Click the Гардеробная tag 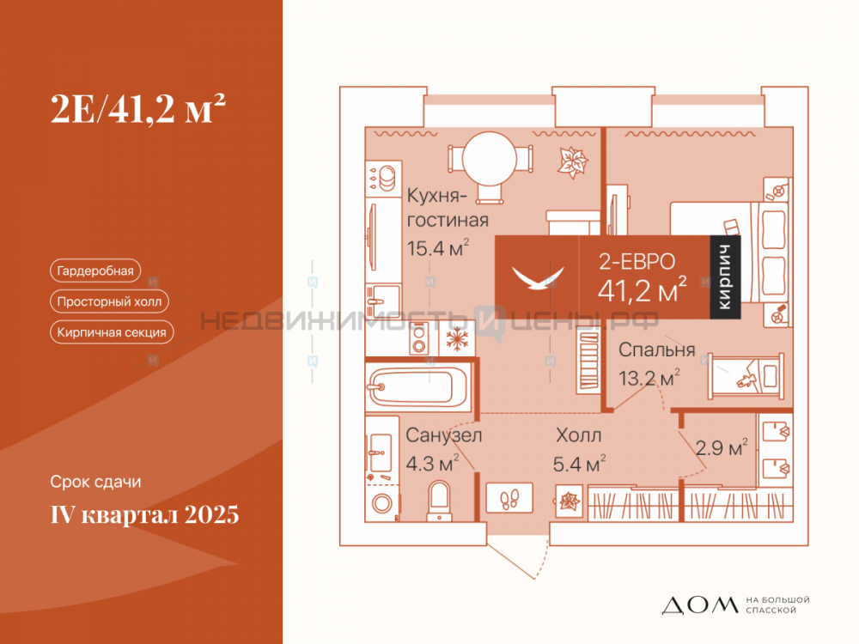95,270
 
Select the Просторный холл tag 109,301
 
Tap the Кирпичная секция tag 112,331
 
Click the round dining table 490,159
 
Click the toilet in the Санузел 439,501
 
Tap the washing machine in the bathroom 382,502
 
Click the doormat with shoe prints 509,497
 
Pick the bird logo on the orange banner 538,277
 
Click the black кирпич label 725,277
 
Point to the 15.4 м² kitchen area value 438,248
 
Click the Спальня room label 657,350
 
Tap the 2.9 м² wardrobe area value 722,447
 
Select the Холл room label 578,435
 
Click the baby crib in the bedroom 746,376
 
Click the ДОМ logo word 700,605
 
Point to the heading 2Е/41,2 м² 138,108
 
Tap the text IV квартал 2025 144,514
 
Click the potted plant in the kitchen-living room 572,162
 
